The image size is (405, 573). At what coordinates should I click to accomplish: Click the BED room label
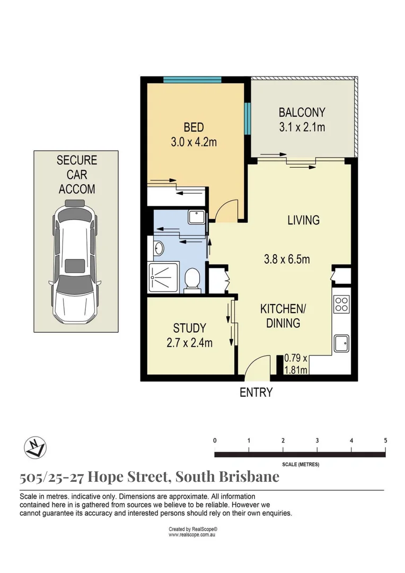click(193, 127)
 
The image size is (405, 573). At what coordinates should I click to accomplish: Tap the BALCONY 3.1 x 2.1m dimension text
click(302, 127)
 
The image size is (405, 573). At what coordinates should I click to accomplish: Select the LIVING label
click(303, 220)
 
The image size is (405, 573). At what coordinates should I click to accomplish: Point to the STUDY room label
click(189, 328)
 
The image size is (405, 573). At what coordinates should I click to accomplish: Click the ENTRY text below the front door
click(256, 393)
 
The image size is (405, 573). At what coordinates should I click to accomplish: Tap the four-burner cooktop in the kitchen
click(341, 304)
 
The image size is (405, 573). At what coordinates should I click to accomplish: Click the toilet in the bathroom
click(192, 280)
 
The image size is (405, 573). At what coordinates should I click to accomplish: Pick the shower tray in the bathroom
click(165, 277)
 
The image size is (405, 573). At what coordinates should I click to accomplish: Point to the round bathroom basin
click(159, 247)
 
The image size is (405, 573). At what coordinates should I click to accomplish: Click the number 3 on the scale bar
click(317, 440)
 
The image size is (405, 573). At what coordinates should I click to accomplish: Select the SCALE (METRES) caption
click(300, 464)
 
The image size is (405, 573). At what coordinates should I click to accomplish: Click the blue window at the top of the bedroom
click(192, 80)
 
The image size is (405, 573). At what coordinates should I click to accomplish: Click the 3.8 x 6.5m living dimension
click(287, 259)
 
